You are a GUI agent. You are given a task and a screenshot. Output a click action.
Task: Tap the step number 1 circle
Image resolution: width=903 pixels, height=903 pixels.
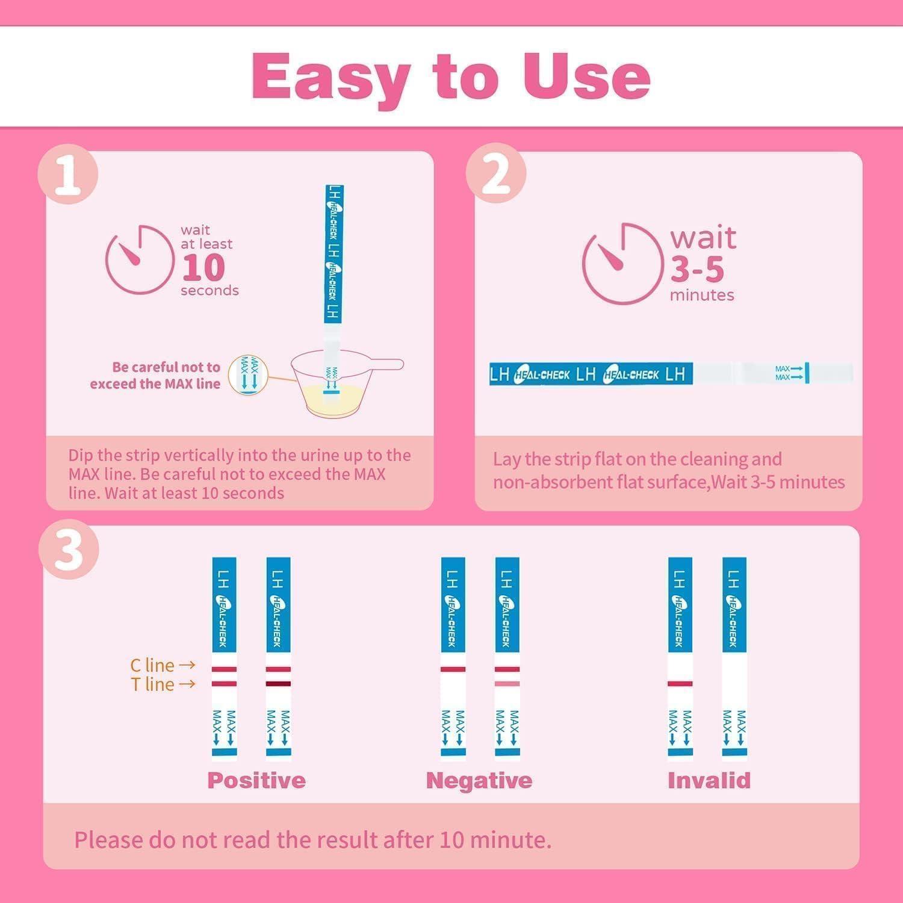point(67,175)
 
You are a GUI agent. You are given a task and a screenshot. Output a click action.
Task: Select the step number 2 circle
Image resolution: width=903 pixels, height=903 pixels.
point(496,175)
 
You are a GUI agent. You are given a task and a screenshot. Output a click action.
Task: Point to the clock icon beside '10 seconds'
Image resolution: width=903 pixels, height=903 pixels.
point(139,259)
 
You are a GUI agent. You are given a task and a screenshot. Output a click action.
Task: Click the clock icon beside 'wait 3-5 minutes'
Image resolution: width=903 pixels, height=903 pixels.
point(621,263)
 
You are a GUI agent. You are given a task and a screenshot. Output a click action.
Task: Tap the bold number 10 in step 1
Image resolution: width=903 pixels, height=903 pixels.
point(203,267)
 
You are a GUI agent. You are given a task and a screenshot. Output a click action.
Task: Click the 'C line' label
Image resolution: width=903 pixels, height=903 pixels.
point(152,665)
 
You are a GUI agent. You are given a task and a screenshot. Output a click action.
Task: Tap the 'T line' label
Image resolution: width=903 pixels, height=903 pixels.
point(153,684)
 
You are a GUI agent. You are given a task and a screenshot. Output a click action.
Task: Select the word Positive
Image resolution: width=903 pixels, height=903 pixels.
point(256,780)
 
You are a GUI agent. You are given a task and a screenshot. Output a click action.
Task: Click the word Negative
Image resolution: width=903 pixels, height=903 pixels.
point(479,780)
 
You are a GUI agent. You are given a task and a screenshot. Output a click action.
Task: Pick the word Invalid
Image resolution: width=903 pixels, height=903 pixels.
point(709,780)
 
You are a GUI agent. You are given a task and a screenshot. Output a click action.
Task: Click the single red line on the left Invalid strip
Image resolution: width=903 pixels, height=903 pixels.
point(680,684)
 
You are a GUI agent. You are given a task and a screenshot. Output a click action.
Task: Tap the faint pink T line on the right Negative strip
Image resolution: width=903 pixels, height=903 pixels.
point(507,684)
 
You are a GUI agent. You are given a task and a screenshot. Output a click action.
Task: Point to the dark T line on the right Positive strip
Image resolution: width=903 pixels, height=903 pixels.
point(278,684)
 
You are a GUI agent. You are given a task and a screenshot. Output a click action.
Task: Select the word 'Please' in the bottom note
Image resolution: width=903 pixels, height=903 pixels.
point(108,840)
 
